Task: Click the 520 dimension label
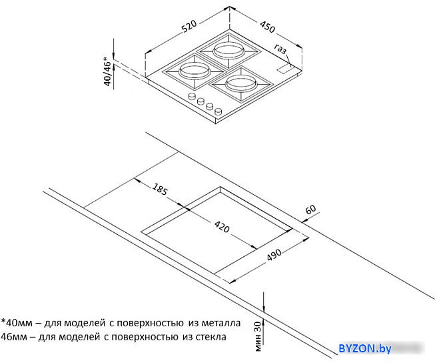tap(189, 26)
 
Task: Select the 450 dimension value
tap(268, 27)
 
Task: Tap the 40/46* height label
tap(107, 71)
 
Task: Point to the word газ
tap(280, 49)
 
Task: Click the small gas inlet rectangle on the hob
tap(285, 69)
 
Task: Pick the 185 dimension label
tap(160, 189)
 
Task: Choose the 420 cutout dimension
tap(222, 226)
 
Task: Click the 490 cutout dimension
tap(274, 255)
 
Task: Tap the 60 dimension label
tap(310, 209)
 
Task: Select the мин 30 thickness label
tap(258, 336)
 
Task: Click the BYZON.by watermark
tap(365, 348)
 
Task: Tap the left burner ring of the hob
tap(194, 70)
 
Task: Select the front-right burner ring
tap(240, 83)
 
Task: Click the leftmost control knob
tap(192, 97)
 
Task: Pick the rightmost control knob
tap(218, 111)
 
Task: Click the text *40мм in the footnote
tap(17, 323)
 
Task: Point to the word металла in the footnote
tap(220, 323)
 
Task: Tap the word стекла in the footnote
tap(211, 337)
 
